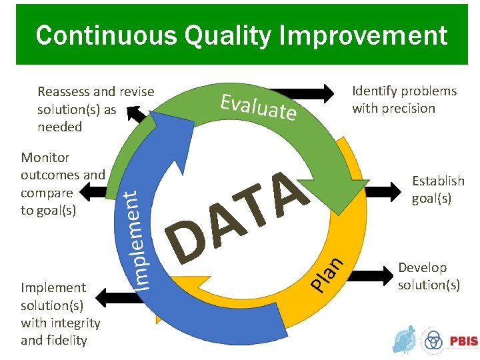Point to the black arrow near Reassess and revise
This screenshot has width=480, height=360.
coord(140,114)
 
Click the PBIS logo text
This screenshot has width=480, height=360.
coord(463,341)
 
